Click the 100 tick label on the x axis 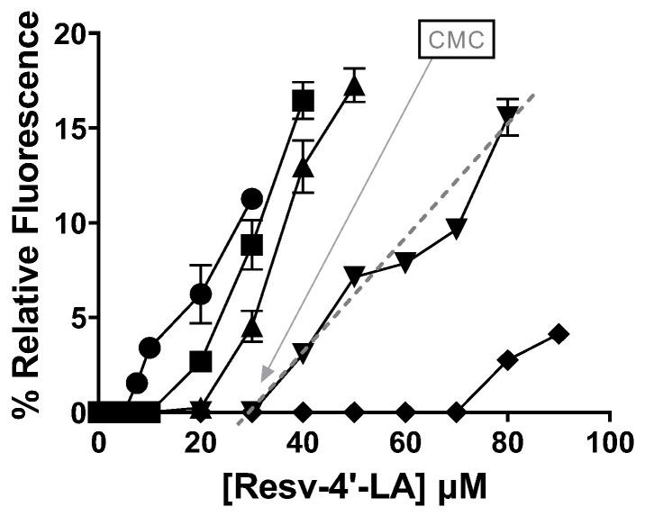[x=611, y=443]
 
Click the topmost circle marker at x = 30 [x=251, y=199]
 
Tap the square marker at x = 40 [x=303, y=102]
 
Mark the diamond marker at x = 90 [x=559, y=334]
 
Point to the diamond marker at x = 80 [x=508, y=360]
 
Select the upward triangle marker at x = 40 [x=303, y=167]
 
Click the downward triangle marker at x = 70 [x=457, y=229]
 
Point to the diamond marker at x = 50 [x=354, y=413]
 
